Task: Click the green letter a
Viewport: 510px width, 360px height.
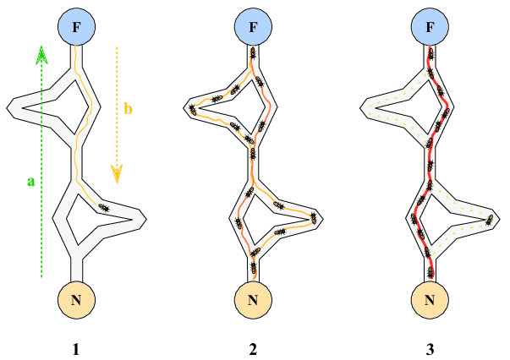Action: click(31, 181)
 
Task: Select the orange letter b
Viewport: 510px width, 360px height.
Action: click(128, 109)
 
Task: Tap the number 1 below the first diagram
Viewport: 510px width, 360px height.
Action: click(76, 347)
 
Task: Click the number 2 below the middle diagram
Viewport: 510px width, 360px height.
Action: click(253, 347)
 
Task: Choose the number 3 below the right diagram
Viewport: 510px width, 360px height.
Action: click(430, 347)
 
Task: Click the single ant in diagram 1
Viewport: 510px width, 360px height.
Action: click(103, 207)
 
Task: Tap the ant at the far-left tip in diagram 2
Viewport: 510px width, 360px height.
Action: click(194, 107)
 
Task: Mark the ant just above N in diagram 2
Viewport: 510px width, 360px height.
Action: click(254, 270)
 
